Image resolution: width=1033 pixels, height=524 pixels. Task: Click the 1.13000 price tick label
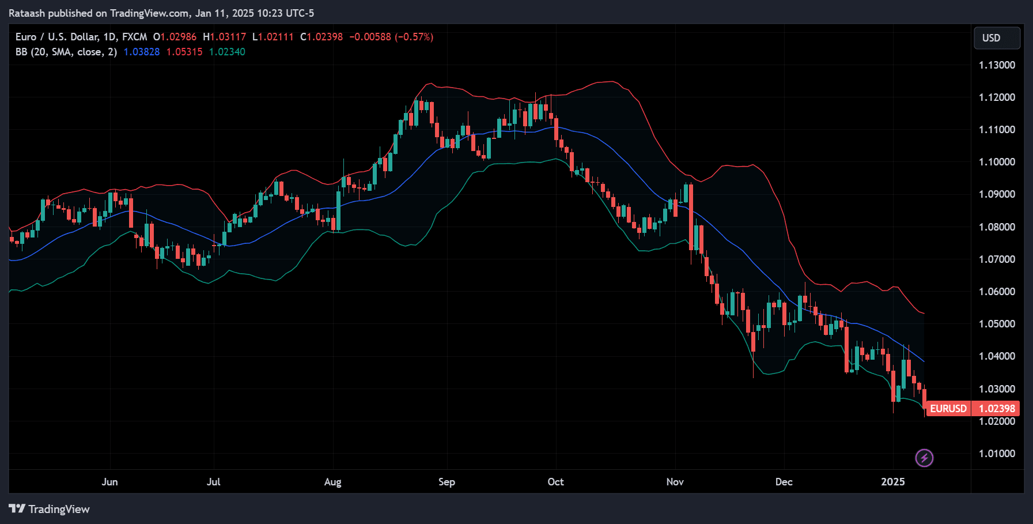[x=997, y=65]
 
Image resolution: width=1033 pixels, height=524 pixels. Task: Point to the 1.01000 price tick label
[x=997, y=454]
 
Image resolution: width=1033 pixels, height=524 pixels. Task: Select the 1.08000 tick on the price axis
[x=997, y=227]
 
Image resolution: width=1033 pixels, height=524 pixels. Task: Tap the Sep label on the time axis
[x=447, y=482]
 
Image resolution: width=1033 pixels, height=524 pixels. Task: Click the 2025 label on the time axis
[x=892, y=482]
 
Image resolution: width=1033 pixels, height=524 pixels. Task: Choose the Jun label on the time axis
[x=109, y=482]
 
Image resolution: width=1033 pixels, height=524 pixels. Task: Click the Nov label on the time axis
[x=675, y=482]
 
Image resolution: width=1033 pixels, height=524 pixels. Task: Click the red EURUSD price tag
[x=948, y=409]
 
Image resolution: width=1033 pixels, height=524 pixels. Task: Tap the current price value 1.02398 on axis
[x=997, y=409]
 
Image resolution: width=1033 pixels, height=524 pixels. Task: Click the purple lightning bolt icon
[x=924, y=458]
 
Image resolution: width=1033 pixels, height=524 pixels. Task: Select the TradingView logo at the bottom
[x=50, y=509]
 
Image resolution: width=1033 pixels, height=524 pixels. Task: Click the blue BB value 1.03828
[x=142, y=52]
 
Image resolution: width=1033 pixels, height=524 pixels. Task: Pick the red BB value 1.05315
[x=184, y=52]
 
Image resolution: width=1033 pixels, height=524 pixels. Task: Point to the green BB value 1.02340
[x=227, y=52]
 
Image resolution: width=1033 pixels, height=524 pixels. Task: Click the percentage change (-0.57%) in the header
[x=414, y=37]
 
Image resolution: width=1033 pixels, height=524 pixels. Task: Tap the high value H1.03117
[x=224, y=37]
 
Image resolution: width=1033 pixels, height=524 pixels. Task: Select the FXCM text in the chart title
[x=134, y=37]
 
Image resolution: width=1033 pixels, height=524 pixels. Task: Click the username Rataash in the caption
[x=27, y=13]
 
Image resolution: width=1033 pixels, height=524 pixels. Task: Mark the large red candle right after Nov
[x=691, y=217]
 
